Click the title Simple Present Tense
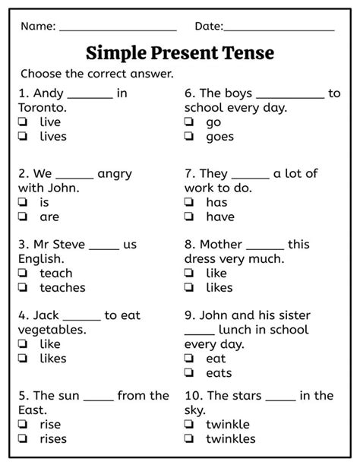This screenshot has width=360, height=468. point(180,53)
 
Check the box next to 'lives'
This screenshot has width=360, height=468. point(24,137)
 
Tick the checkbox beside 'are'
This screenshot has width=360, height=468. point(24,217)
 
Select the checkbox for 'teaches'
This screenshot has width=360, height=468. point(24,288)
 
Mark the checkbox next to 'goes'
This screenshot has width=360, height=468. point(189,137)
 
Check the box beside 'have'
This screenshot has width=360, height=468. point(189,217)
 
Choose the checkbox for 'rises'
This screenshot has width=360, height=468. point(24,439)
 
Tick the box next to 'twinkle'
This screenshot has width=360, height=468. point(189,425)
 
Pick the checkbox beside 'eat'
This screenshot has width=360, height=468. point(189,359)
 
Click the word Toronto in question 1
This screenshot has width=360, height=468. point(42,108)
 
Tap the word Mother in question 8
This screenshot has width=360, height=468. point(221,245)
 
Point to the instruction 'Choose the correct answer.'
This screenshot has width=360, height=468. point(97,74)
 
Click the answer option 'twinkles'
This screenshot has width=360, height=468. point(231,439)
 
